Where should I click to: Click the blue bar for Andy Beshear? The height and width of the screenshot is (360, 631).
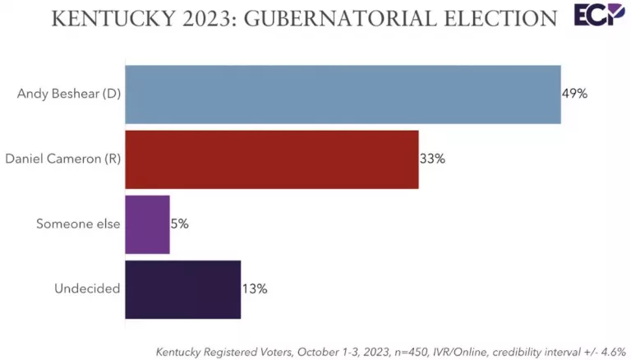tap(343, 95)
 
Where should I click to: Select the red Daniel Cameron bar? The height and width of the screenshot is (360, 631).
tap(271, 159)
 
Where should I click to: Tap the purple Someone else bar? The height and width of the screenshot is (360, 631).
tap(147, 224)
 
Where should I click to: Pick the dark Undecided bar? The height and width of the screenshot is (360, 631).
tap(182, 289)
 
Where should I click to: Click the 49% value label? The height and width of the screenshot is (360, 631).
tap(574, 95)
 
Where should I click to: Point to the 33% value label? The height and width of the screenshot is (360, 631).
tap(432, 159)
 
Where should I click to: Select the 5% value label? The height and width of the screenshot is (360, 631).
tap(180, 224)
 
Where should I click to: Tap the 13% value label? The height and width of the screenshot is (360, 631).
tap(255, 289)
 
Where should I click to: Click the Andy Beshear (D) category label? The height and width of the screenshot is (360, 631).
tap(69, 95)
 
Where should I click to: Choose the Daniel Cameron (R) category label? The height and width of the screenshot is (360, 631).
tap(63, 159)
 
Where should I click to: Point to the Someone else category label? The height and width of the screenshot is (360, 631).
tap(79, 224)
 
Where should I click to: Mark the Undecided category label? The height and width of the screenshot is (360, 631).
tap(88, 289)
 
